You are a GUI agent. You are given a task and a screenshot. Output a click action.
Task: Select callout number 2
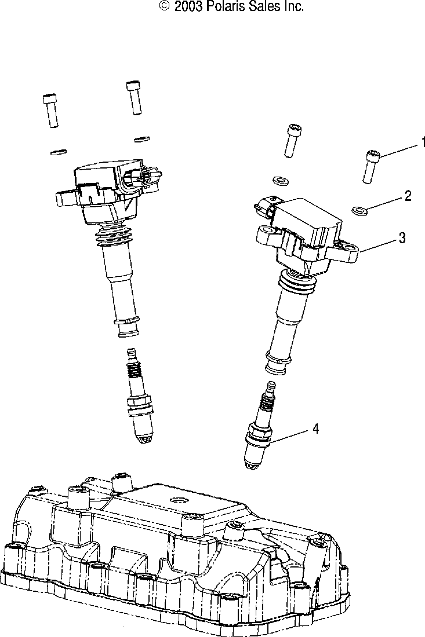point(408,196)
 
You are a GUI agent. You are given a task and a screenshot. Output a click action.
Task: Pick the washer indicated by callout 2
point(360,210)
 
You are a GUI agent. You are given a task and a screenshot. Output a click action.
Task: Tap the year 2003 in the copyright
point(188,7)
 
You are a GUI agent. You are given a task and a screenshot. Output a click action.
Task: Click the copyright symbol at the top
point(165,7)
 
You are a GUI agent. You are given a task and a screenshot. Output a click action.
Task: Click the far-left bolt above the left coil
point(51,110)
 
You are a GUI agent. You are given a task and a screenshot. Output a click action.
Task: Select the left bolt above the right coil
point(292,140)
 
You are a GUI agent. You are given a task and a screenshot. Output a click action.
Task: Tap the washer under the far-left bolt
point(57,152)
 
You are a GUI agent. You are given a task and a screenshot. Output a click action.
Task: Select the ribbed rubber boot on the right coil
point(297,282)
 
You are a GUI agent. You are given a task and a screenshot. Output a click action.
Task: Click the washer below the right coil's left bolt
point(280,180)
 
